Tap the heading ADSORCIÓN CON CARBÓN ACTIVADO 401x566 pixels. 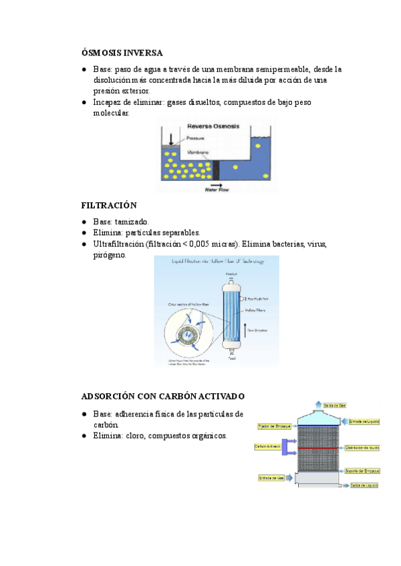(162, 396)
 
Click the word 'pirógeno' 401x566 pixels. (110, 256)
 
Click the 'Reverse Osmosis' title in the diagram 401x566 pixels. (209, 126)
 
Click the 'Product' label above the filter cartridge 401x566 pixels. (231, 274)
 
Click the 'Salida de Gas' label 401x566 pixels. (334, 405)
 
